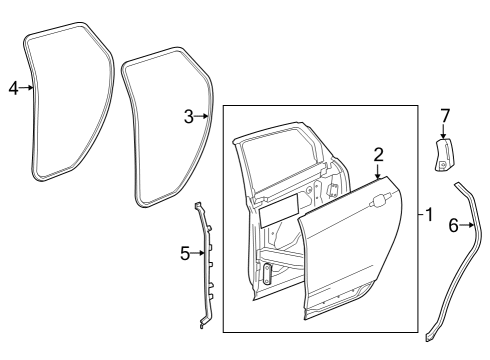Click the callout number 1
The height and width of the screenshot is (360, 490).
[429, 215]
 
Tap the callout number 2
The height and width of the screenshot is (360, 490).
[378, 154]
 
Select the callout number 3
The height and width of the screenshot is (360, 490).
[188, 117]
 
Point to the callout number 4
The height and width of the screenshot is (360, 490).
[13, 88]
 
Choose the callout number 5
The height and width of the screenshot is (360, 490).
[184, 254]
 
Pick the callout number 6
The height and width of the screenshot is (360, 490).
[453, 226]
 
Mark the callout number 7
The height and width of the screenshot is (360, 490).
[445, 116]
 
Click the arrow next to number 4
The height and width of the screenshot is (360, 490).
[27, 88]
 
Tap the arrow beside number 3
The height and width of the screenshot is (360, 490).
[201, 117]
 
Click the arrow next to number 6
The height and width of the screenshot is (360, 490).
[467, 226]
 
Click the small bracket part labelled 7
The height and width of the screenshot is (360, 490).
[443, 156]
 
